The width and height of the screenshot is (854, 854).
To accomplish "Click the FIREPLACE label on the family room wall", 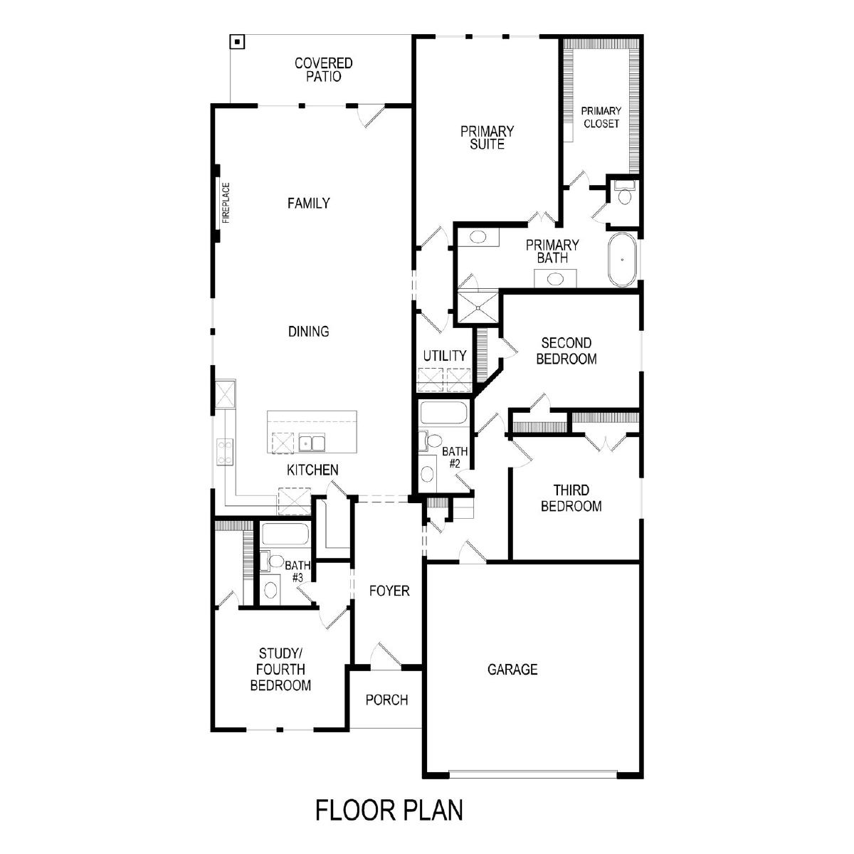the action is tap(226, 203).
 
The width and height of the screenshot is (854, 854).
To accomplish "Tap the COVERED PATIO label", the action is tap(324, 70).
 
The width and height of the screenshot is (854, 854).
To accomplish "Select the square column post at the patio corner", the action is tap(237, 42).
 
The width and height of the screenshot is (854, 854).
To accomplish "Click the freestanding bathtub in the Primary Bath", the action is tap(622, 259).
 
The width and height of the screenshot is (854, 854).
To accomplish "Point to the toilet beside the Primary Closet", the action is tap(624, 192).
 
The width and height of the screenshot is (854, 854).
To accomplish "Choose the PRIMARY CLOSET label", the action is tap(601, 117).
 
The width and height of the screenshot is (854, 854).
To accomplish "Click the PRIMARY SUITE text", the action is tap(487, 138).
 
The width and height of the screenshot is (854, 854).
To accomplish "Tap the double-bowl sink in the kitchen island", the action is tap(312, 442).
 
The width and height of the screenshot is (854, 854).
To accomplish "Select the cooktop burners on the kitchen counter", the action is tap(225, 452).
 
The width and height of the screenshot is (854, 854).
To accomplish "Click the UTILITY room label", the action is tap(445, 355).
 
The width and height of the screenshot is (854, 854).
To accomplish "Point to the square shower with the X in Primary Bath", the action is tap(478, 306).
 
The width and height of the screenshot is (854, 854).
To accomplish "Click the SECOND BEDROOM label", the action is tap(566, 351).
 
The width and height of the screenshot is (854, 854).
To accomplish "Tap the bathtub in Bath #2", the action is tap(443, 413).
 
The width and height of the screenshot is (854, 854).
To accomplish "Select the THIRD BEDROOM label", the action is tap(571, 497).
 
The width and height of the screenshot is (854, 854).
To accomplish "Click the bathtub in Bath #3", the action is tap(285, 534).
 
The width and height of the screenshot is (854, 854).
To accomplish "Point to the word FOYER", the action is tap(389, 591).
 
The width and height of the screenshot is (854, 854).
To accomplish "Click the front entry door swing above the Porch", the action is tap(386, 654).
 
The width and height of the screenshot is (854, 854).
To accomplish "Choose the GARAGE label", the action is tap(512, 669).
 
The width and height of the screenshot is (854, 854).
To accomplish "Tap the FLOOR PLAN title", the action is tap(389, 810).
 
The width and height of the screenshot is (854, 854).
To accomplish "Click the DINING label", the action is tap(308, 332).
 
